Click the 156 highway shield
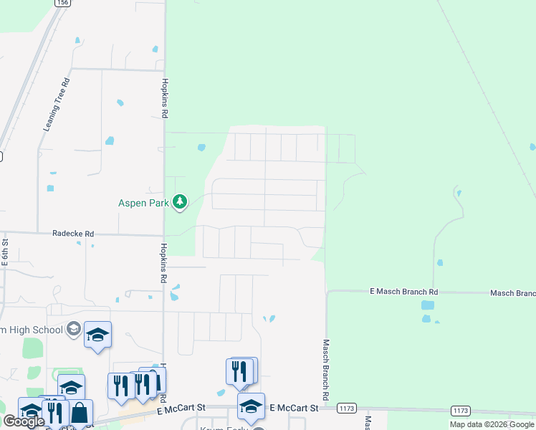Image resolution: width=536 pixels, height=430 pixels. [62, 3]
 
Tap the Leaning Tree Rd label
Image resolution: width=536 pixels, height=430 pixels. [57, 105]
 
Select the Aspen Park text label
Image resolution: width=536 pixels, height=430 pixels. [143, 203]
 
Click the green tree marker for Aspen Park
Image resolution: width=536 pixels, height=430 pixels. [180, 202]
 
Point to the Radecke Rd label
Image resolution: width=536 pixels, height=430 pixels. [73, 234]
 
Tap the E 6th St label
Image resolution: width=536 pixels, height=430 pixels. [4, 253]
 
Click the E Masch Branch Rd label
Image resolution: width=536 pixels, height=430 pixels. [403, 292]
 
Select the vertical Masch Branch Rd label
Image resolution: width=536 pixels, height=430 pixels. [325, 370]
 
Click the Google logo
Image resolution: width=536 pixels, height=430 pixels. [24, 421]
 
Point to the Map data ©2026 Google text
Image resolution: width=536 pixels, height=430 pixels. [492, 424]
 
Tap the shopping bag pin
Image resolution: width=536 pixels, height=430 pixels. [80, 413]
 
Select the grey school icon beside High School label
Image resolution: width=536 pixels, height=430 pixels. [72, 329]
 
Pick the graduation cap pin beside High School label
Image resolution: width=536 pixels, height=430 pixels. [97, 335]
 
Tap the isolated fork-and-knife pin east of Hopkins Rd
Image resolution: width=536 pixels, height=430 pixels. [240, 371]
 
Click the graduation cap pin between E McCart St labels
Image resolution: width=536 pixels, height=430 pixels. [251, 406]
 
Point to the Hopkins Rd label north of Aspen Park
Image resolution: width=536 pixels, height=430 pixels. [164, 98]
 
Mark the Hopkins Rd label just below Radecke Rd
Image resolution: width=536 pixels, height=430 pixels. [164, 262]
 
